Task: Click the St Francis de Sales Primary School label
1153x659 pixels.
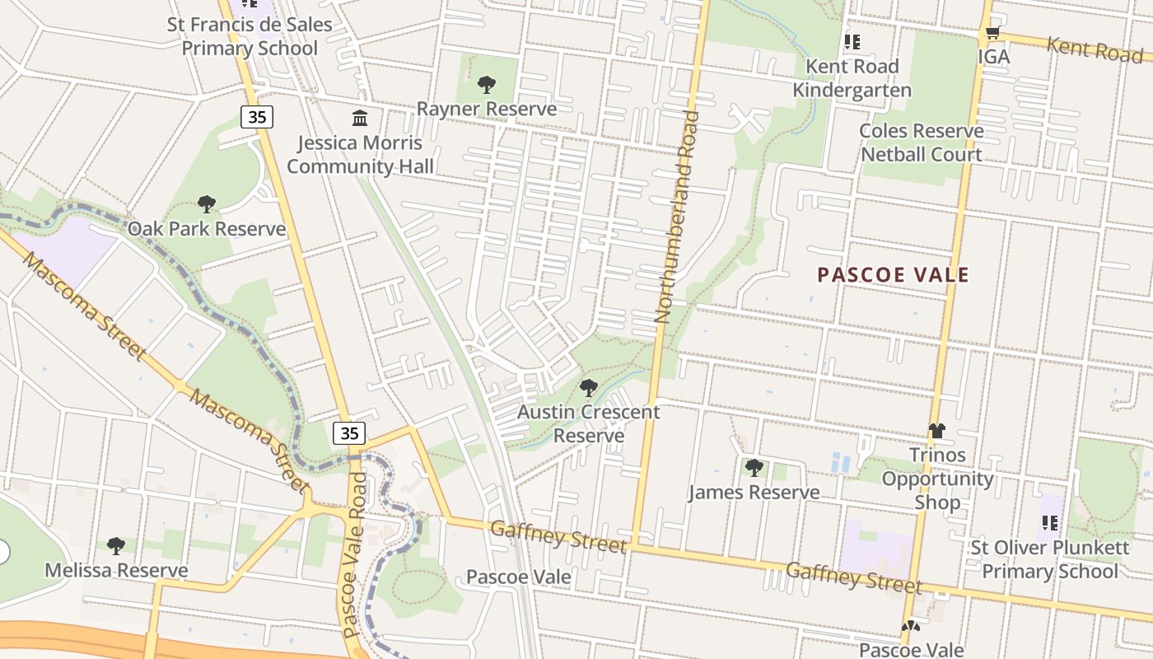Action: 250,36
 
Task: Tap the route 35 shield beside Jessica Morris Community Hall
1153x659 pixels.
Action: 257,117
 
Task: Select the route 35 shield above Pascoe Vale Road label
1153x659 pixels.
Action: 349,432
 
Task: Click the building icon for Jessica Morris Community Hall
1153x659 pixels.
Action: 360,119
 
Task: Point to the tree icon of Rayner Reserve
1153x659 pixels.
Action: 487,84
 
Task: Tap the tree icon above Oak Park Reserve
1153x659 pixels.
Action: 207,204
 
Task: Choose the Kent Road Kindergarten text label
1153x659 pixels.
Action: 852,77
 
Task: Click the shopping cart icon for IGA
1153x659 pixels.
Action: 992,34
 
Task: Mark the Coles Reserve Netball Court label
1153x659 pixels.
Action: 921,143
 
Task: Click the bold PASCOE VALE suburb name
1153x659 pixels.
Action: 893,275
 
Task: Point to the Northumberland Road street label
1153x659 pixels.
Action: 677,216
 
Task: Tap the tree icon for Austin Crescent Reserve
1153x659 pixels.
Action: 588,387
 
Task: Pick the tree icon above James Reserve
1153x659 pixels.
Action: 754,468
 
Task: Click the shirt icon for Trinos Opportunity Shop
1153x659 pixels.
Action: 936,431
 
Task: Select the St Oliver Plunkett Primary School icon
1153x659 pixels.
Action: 1049,523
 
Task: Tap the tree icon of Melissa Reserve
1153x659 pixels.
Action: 116,545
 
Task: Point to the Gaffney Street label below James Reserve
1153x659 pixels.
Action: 853,577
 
